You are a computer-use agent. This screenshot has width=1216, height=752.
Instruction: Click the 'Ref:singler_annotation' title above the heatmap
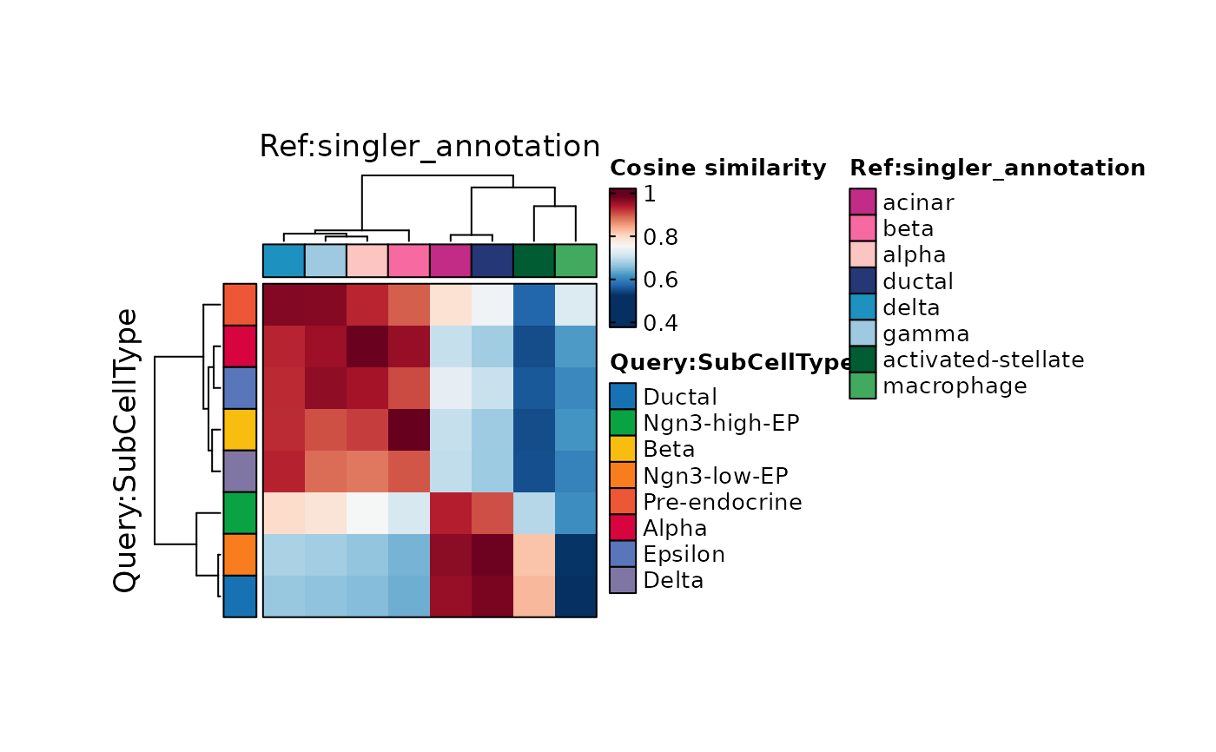[429, 147]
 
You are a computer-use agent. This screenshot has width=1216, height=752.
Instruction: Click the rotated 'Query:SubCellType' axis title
[127, 450]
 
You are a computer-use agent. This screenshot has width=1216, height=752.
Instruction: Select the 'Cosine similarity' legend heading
[717, 168]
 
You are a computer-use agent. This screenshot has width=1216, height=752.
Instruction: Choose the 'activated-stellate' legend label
[983, 360]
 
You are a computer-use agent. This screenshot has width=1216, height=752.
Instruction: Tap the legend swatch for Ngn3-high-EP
[623, 423]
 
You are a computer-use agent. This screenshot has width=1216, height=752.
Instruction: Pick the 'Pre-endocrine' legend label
[723, 502]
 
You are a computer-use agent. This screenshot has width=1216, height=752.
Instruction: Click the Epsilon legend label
[684, 554]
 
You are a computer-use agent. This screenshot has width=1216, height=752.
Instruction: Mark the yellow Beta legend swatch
[623, 449]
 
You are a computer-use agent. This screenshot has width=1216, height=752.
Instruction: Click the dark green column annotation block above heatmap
[534, 261]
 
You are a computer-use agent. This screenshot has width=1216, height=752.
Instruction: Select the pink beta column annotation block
[409, 261]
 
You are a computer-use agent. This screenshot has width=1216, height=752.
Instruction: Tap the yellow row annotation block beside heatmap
[240, 430]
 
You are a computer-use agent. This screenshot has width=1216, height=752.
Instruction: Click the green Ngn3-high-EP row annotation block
[240, 513]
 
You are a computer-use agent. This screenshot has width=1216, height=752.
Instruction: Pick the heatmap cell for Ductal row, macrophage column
[576, 597]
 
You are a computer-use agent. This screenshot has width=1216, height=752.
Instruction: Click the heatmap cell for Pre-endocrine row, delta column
[284, 305]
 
